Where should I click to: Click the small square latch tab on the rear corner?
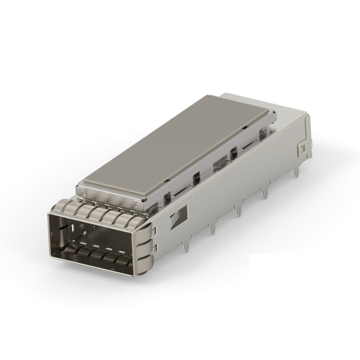tap(302, 148)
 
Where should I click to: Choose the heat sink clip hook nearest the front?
tap(166, 194)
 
